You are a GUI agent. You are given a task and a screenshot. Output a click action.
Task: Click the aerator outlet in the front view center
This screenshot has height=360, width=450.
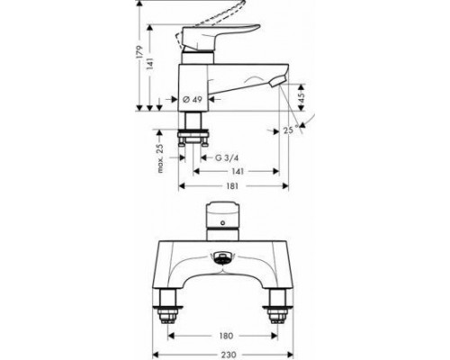pyautogui.click(x=220, y=263)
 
